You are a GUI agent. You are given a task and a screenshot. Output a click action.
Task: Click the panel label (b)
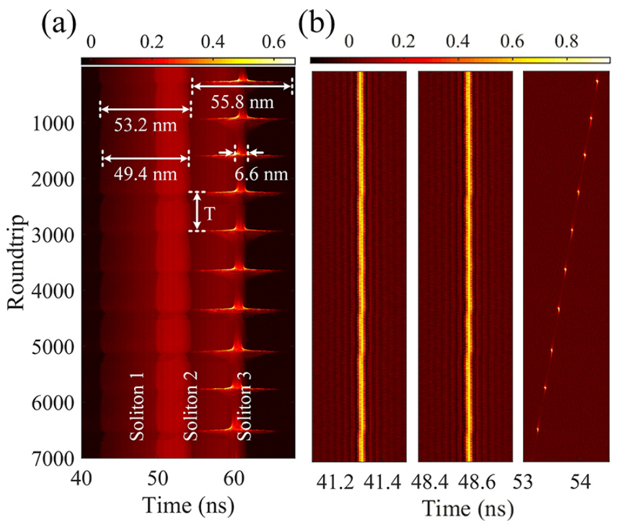point(317,25)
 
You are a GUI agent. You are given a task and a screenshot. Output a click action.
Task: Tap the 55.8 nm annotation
point(242,102)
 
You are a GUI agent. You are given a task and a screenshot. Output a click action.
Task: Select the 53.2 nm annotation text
point(145,125)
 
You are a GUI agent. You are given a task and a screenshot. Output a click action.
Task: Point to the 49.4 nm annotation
point(145,174)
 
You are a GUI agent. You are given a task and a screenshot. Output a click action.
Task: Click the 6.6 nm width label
point(261,174)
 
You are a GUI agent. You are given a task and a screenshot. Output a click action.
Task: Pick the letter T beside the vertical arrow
point(210,214)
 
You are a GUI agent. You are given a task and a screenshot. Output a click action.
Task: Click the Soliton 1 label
point(137,406)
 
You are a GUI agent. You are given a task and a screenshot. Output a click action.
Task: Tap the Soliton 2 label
point(190,406)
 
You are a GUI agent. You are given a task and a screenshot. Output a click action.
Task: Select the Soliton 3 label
point(244,406)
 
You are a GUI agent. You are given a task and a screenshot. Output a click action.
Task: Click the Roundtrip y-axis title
point(16,262)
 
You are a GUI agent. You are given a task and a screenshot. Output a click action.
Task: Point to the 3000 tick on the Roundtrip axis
point(52,235)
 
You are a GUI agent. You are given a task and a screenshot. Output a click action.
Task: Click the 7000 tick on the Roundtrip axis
point(52,459)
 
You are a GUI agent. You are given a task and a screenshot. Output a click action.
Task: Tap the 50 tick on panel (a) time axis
point(158,478)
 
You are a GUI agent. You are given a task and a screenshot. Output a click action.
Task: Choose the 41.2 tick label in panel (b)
point(335,482)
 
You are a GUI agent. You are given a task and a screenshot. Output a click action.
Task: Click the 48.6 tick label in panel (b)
point(477,482)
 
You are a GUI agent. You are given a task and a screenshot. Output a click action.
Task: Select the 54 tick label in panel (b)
point(580,482)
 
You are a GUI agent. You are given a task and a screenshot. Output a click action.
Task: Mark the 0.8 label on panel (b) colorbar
point(567,41)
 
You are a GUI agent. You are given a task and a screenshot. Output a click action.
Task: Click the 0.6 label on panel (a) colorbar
point(274,42)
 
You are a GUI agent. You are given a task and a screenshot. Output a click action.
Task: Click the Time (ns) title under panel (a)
point(188,506)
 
